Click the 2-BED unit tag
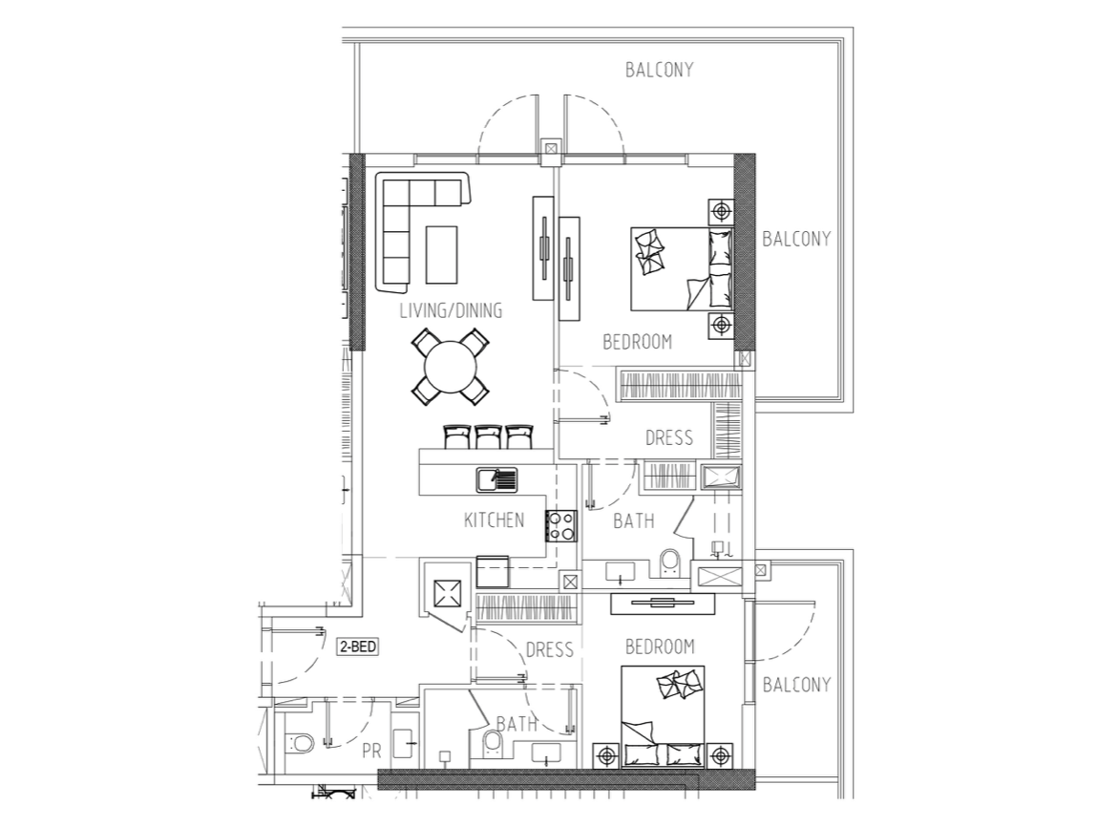[359, 647]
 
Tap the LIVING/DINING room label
[451, 310]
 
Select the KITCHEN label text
[494, 520]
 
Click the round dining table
[451, 367]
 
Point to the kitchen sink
[497, 480]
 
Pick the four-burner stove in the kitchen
[561, 526]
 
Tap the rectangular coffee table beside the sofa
[441, 254]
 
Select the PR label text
[371, 751]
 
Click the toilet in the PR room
[300, 742]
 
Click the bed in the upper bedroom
[682, 268]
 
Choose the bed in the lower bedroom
[663, 715]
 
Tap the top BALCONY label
[660, 70]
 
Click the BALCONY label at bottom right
[797, 684]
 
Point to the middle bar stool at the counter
[487, 436]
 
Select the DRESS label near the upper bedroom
[669, 438]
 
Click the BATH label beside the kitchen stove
[634, 521]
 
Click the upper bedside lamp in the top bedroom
[721, 210]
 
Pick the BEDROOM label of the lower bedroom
[661, 647]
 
